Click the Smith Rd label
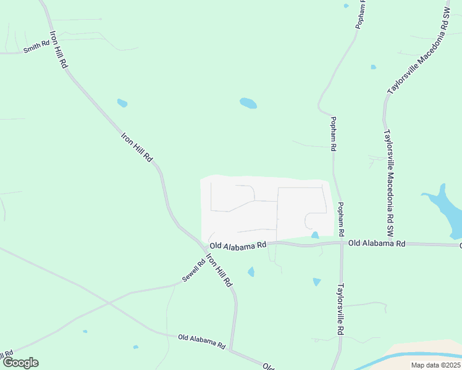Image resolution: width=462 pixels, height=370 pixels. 37,46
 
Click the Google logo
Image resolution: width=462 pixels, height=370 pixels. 20,363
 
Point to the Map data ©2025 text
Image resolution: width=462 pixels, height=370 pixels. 435,365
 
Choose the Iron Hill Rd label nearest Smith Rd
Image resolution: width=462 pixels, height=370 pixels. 59,49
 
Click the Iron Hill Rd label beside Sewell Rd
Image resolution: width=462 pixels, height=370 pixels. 219,270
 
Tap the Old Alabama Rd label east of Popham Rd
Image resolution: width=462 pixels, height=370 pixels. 376,244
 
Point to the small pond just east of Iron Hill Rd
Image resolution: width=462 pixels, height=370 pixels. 122,103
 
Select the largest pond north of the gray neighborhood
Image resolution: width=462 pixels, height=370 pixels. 248,103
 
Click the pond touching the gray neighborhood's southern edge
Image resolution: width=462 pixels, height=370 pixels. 315,235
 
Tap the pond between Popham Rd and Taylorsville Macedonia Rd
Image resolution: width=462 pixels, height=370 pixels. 373,67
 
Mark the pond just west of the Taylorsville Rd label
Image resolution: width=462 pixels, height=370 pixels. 317,282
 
